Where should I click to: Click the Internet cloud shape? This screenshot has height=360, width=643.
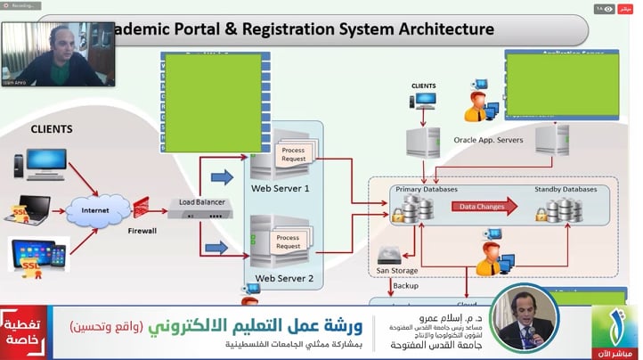(96, 211)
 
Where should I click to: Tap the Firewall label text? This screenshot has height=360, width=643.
(142, 231)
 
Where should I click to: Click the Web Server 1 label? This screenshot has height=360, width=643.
(281, 188)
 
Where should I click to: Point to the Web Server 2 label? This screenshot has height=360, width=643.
(284, 278)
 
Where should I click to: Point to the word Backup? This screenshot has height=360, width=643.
(405, 286)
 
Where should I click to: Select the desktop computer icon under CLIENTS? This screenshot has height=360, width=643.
(39, 163)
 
